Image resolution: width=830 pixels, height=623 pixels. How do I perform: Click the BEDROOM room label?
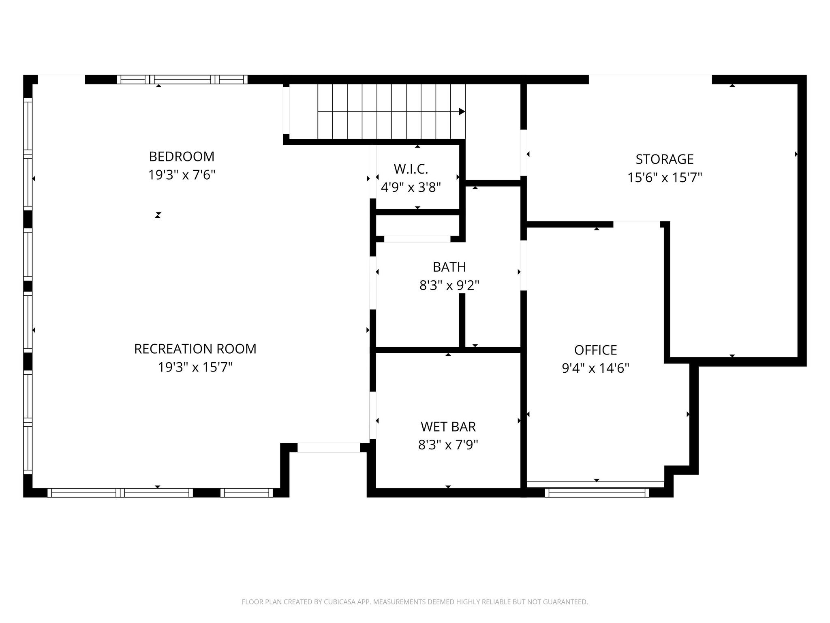point(182,157)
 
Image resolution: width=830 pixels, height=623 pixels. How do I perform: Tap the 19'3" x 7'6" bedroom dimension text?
point(182,175)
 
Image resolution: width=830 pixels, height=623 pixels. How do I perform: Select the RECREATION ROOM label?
point(195,349)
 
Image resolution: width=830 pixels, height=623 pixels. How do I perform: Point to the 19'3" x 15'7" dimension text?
point(195,367)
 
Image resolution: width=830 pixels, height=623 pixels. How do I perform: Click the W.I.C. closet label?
point(411,169)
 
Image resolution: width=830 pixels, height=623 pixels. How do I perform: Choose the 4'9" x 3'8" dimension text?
point(411,187)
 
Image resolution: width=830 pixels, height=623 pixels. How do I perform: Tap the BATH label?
point(449,267)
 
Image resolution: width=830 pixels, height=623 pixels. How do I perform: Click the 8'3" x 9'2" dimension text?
point(449,286)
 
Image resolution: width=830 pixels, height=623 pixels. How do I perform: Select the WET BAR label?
point(448,427)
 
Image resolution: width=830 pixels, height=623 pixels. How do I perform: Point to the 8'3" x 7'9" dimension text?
point(448,445)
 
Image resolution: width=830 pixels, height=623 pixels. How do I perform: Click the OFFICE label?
point(596,350)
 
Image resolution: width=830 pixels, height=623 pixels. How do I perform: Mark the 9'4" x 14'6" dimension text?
point(596,368)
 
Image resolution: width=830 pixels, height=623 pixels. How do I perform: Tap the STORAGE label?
point(665,159)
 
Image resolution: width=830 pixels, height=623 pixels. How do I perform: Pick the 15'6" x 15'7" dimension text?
point(665,178)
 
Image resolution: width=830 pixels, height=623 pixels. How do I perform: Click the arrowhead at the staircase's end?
point(462,112)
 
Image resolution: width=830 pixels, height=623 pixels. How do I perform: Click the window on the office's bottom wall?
point(597,492)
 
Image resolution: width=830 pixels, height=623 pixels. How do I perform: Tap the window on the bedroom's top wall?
point(182,79)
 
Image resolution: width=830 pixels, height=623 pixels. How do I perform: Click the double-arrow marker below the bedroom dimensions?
point(158,215)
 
